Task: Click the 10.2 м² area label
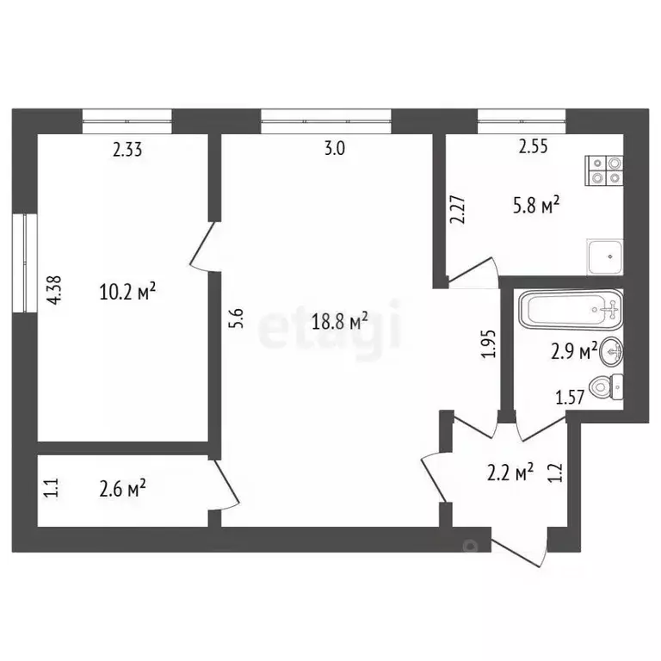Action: point(127,293)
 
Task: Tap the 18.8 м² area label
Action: point(339,322)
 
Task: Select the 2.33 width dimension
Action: point(127,150)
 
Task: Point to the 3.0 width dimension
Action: point(334,148)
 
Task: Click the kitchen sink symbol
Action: point(605,256)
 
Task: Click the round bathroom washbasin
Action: point(613,351)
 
